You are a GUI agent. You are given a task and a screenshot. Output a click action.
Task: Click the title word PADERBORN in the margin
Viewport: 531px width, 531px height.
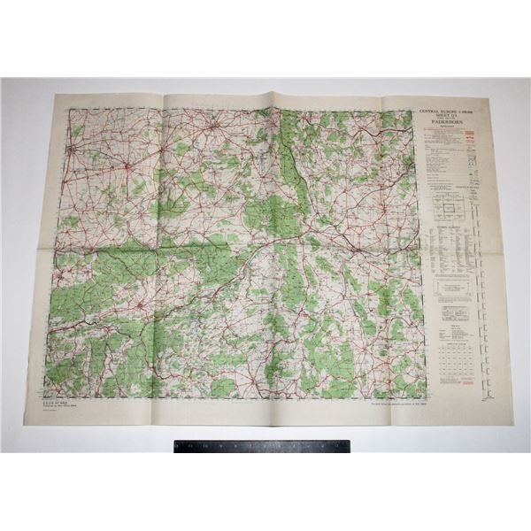pyautogui.click(x=451, y=127)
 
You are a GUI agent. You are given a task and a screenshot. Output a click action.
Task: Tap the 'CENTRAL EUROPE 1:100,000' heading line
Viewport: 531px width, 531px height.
pyautogui.click(x=451, y=112)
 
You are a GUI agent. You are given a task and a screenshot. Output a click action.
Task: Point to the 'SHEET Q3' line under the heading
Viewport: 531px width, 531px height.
pyautogui.click(x=450, y=119)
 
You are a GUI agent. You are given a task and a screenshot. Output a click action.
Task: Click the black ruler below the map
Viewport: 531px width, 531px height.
pyautogui.click(x=262, y=446)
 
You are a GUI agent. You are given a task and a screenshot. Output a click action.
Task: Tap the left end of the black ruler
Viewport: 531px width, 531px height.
pyautogui.click(x=176, y=446)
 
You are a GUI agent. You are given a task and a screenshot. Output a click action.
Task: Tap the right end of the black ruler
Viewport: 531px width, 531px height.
pyautogui.click(x=349, y=446)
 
